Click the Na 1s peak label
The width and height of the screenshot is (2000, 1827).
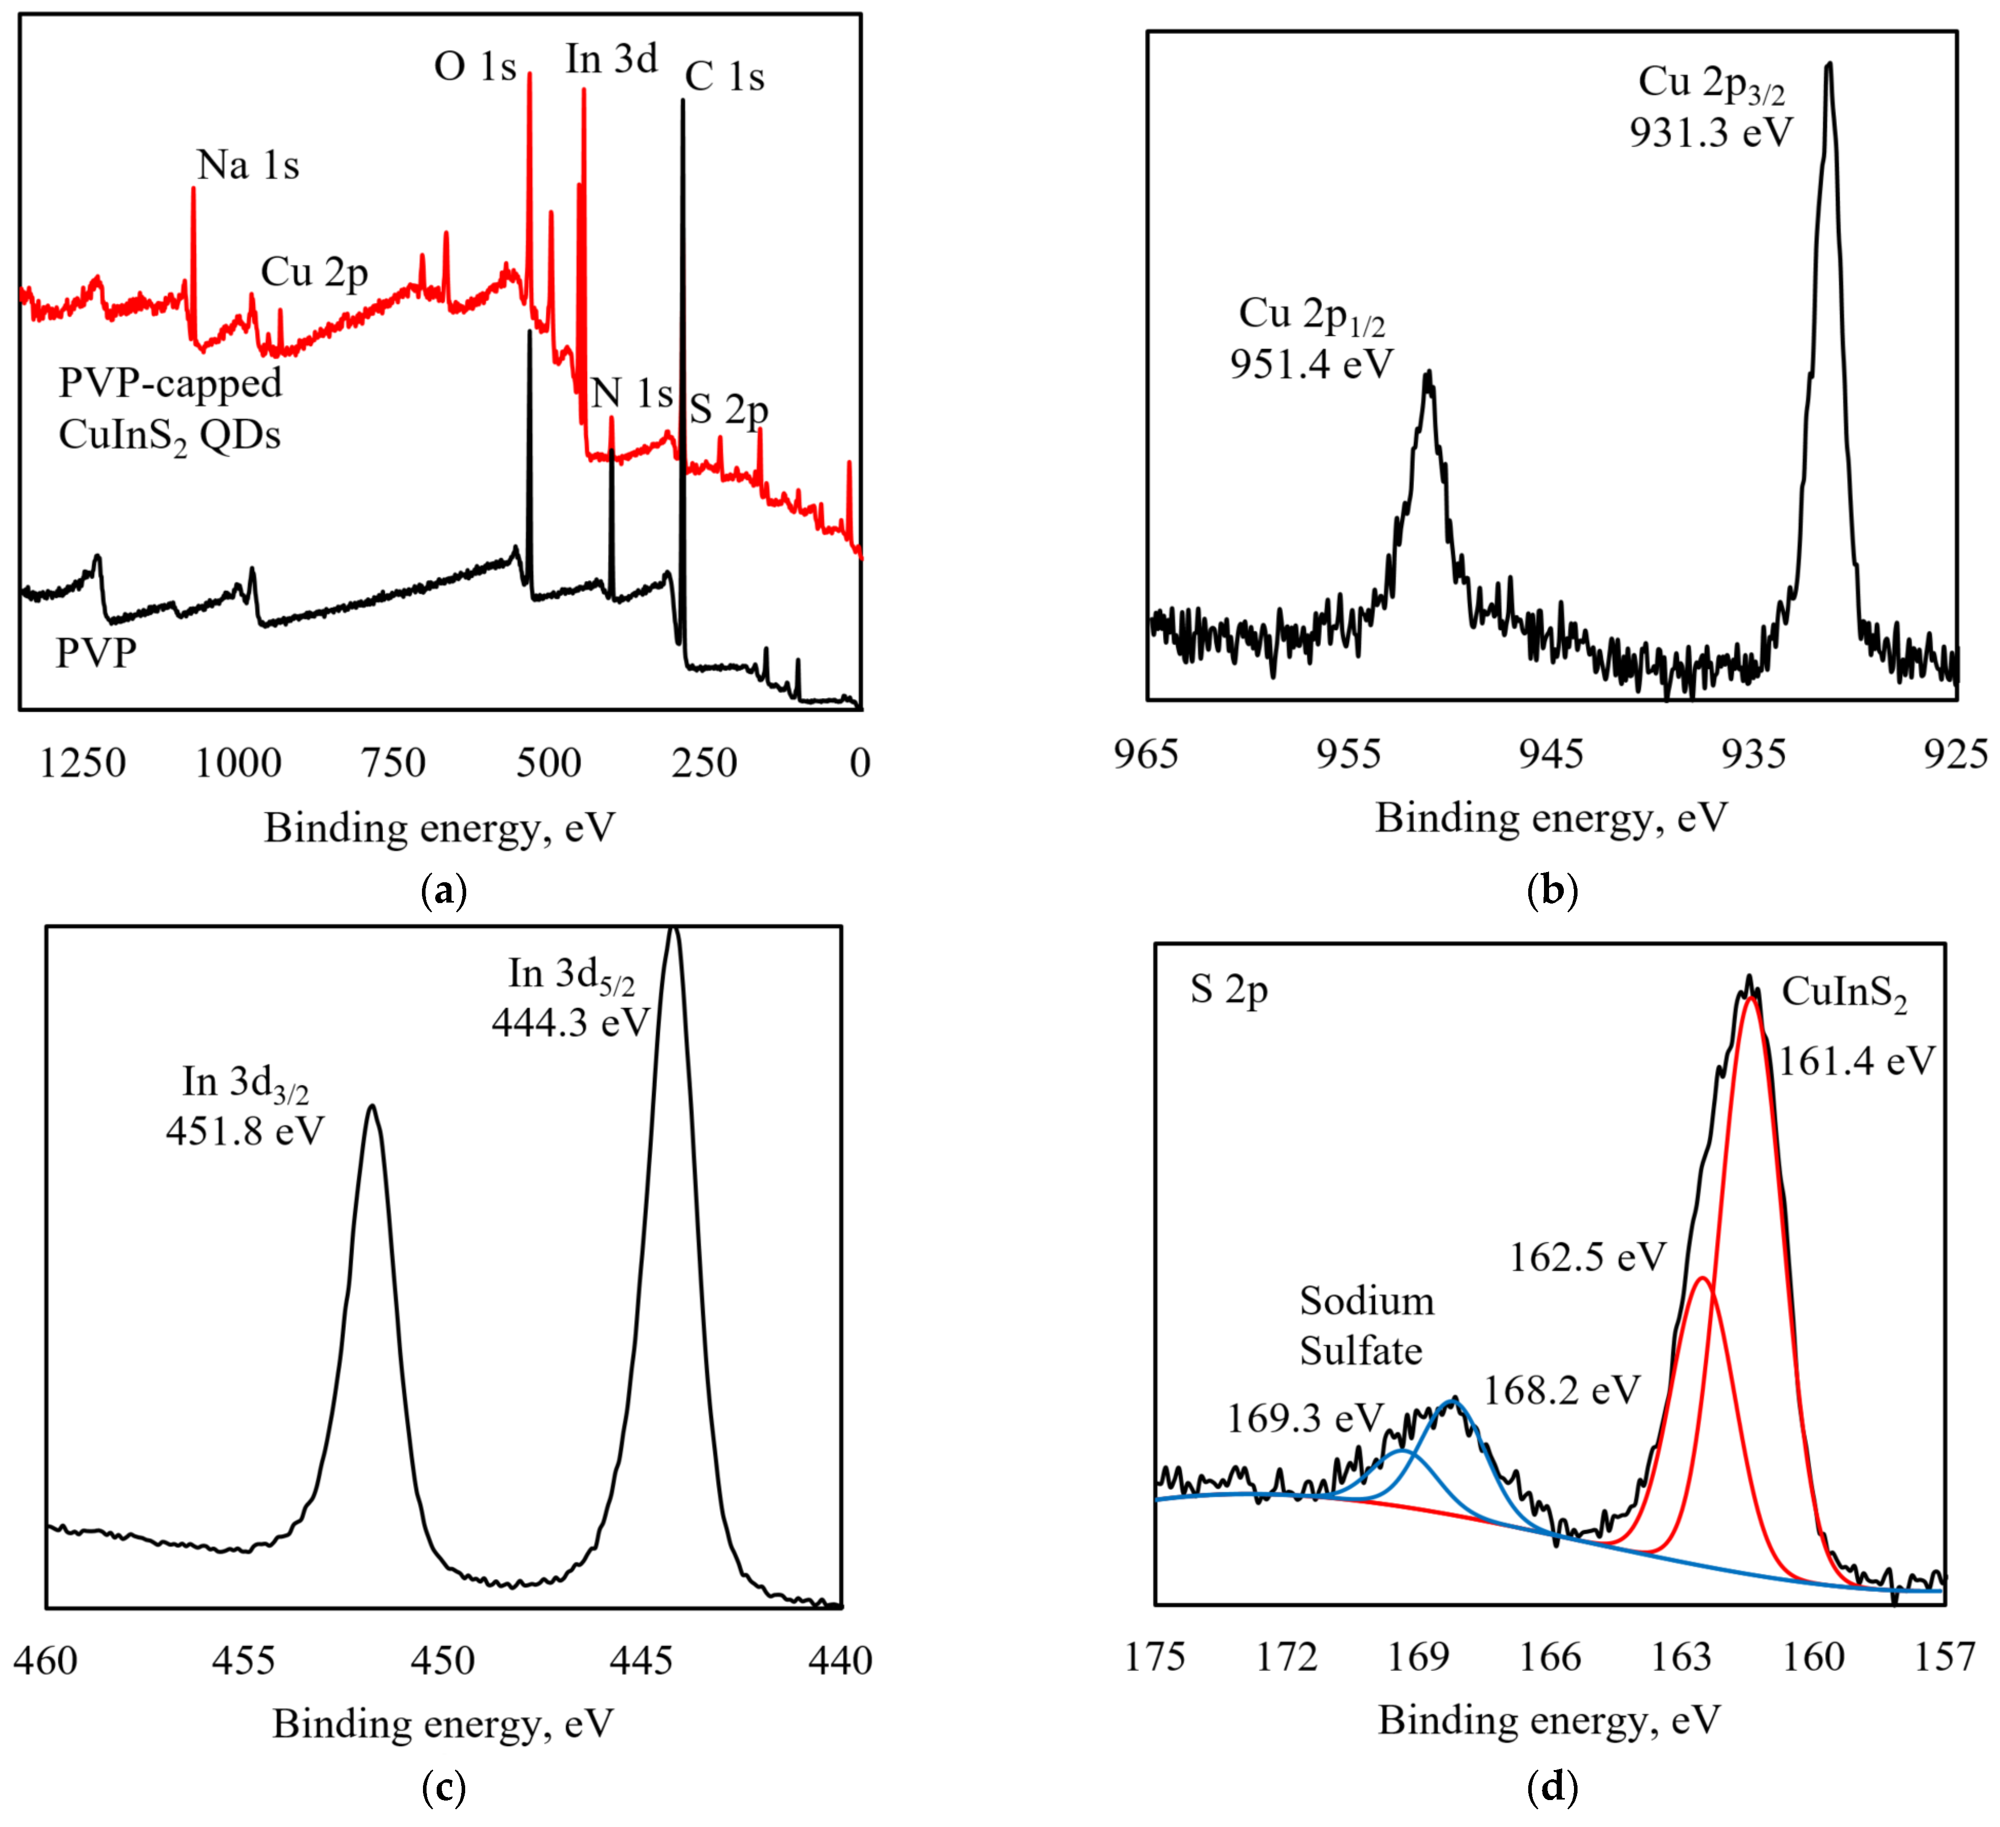(x=248, y=166)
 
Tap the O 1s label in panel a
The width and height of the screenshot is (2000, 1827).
(x=475, y=68)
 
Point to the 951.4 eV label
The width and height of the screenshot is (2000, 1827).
(x=1312, y=364)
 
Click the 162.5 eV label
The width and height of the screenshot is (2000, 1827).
(x=1587, y=1257)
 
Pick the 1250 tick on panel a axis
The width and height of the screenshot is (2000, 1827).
(x=83, y=763)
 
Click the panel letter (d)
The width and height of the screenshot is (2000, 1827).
(x=1552, y=1786)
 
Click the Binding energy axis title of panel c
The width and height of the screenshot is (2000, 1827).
(x=443, y=1724)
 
